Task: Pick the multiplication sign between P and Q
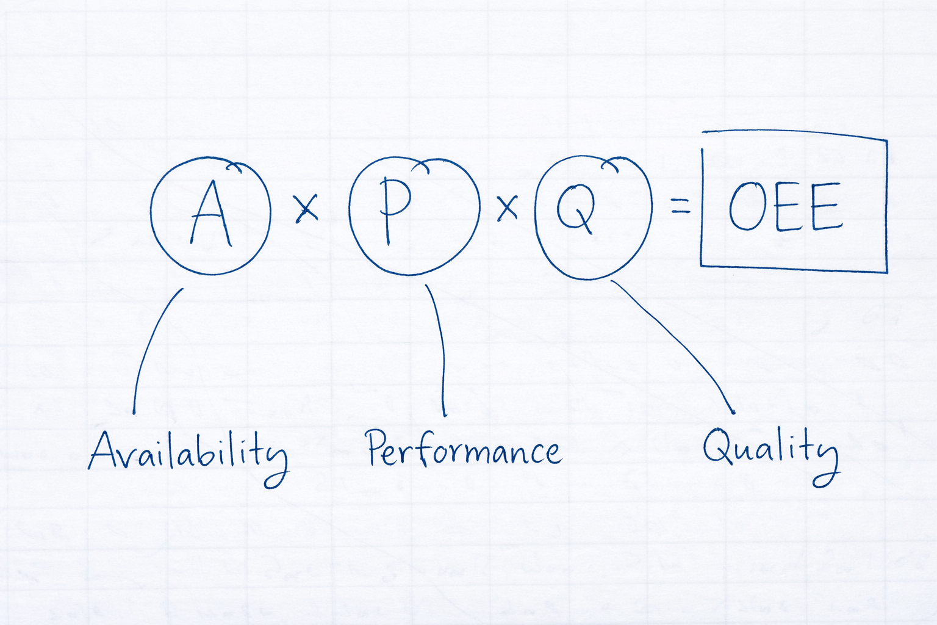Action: pyautogui.click(x=507, y=208)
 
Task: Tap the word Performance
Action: pyautogui.click(x=464, y=450)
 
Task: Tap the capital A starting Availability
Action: pyautogui.click(x=105, y=450)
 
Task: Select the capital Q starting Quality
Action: pyautogui.click(x=717, y=447)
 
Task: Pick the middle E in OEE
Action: pyautogui.click(x=788, y=208)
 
